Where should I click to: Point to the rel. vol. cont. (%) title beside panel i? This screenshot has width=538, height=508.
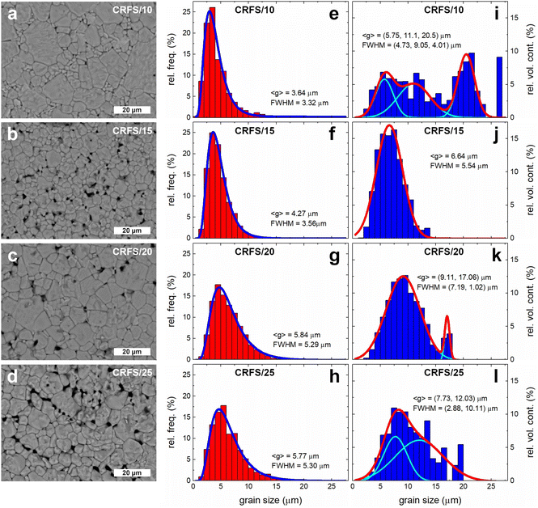click(530, 61)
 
